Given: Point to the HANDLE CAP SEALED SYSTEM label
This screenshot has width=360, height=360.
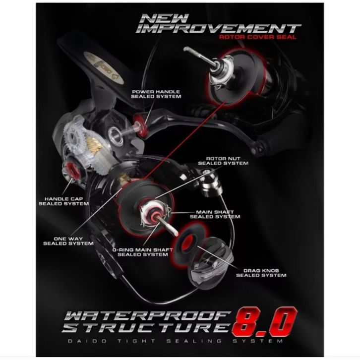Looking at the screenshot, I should [63, 200].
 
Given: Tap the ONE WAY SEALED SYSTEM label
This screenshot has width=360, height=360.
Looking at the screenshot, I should [68, 240].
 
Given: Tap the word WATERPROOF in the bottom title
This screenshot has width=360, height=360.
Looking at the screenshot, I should [148, 316].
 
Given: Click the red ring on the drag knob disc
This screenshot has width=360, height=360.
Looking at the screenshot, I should [190, 243].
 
